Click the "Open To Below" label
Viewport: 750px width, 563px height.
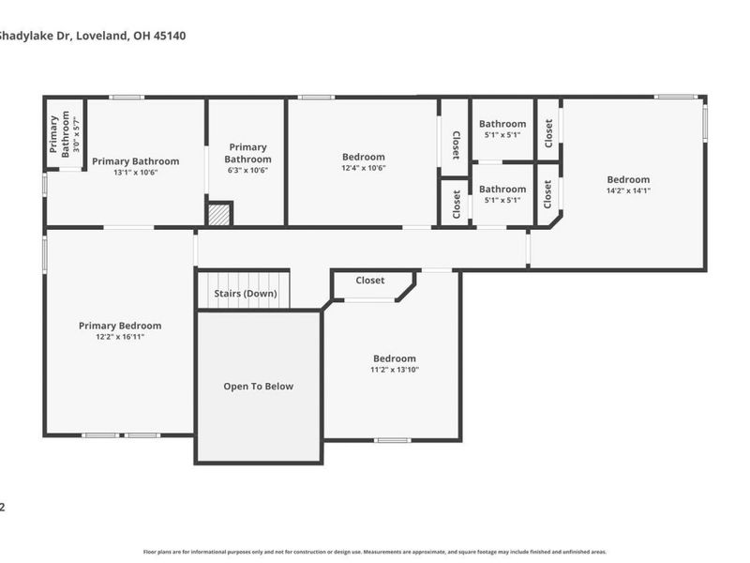coord(258,387)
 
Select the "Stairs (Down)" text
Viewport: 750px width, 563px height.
coord(246,294)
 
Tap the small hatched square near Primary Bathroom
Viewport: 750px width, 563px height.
coord(219,214)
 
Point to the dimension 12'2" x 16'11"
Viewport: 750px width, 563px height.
coord(120,337)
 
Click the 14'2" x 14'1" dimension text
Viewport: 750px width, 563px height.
coord(627,190)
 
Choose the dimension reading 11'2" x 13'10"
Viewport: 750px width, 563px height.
coord(394,370)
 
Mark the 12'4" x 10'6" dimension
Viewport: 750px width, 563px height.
coord(363,168)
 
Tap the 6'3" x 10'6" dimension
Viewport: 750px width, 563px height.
coord(247,171)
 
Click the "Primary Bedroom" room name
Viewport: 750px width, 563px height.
coord(120,326)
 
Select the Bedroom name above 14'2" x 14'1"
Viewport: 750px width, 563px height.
coord(627,179)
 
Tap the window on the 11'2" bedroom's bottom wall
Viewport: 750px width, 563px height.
coord(392,440)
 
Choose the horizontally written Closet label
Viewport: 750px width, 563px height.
coord(370,281)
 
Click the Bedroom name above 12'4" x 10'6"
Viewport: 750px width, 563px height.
coord(363,157)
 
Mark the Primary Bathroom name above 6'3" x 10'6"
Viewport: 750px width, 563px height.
coord(247,153)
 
